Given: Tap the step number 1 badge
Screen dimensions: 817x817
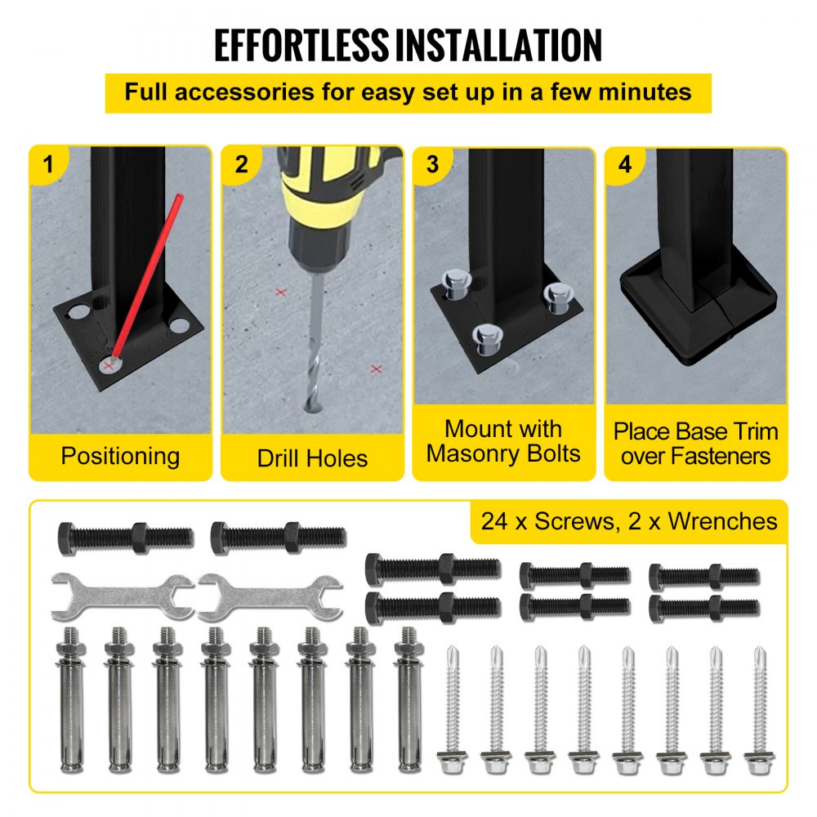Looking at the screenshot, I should pyautogui.click(x=48, y=164).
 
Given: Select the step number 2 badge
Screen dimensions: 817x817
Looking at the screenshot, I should pyautogui.click(x=241, y=164).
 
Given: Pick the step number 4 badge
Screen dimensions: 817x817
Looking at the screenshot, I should pyautogui.click(x=625, y=164).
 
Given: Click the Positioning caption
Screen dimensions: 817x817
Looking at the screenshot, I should pyautogui.click(x=120, y=456).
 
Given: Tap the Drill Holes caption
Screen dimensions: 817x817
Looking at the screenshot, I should pyautogui.click(x=312, y=458).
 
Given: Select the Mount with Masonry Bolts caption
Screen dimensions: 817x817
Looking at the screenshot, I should pyautogui.click(x=503, y=441).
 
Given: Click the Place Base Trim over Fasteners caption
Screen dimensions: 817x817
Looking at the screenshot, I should pyautogui.click(x=696, y=443).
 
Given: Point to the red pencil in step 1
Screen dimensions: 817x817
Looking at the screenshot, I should pyautogui.click(x=147, y=278).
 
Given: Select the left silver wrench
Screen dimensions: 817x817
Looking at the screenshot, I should pyautogui.click(x=122, y=594).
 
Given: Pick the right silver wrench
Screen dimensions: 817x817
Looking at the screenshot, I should pyautogui.click(x=270, y=594).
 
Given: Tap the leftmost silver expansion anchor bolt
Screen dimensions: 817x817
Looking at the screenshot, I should pyautogui.click(x=69, y=703).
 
